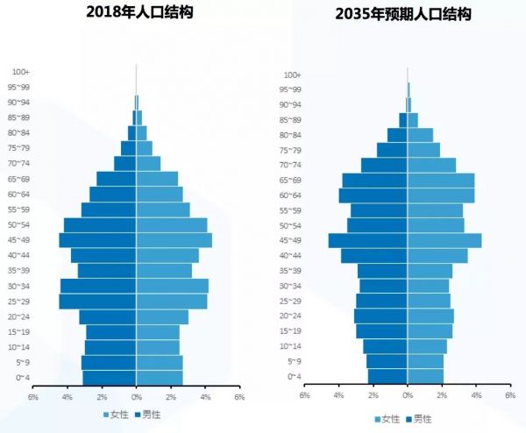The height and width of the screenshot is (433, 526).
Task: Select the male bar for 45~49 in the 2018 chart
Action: (x=97, y=240)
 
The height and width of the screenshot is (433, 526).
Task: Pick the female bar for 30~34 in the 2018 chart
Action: (x=172, y=286)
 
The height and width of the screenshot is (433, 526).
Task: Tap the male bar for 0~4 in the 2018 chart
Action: (x=110, y=377)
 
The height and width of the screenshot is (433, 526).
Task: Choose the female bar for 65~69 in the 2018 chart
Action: (x=157, y=179)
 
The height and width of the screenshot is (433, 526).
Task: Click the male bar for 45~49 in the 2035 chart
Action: (x=368, y=240)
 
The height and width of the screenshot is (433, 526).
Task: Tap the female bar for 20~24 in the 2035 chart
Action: (x=430, y=316)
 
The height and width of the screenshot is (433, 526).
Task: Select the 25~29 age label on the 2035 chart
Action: (x=291, y=301)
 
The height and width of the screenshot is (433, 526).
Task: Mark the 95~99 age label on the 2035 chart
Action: (x=291, y=89)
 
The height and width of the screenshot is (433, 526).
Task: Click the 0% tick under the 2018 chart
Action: (x=136, y=397)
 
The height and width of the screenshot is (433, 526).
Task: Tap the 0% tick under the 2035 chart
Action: (x=408, y=395)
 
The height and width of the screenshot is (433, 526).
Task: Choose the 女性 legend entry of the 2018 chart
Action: (x=116, y=414)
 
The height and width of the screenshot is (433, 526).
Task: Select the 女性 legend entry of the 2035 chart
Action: (x=387, y=419)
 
